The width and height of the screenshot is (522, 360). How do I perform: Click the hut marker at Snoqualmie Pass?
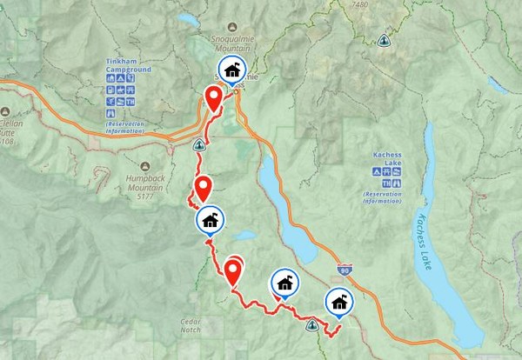coord(231,70)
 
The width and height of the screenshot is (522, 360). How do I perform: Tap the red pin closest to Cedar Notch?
coord(233,272)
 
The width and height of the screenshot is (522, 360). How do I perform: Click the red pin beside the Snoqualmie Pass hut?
coord(213,99)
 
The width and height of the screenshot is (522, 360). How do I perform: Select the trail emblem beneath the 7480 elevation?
coord(383,39)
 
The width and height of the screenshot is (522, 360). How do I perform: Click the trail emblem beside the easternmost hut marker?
coord(311,326)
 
